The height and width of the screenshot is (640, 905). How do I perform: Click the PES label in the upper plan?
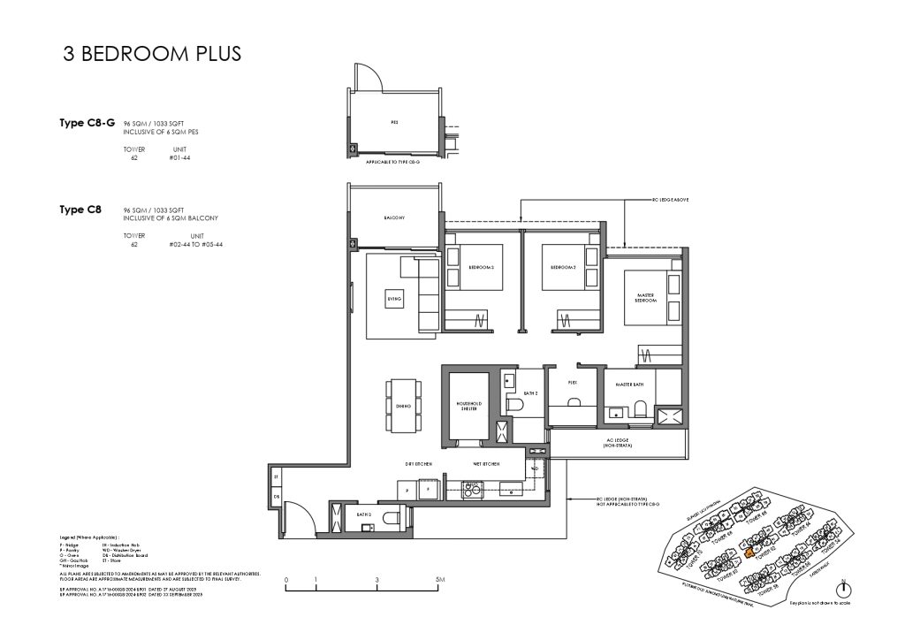[393, 123]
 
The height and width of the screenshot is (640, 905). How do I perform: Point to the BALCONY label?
[393, 217]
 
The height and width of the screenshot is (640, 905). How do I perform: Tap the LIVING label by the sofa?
[394, 300]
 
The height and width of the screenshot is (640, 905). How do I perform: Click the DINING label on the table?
[403, 406]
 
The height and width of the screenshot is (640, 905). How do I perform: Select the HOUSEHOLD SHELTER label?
[467, 404]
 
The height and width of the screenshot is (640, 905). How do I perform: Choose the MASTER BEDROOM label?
[645, 298]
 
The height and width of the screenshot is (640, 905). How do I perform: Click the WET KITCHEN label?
[485, 463]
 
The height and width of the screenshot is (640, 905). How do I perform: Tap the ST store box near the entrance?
[276, 476]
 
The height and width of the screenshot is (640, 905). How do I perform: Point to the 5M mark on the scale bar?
[439, 580]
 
